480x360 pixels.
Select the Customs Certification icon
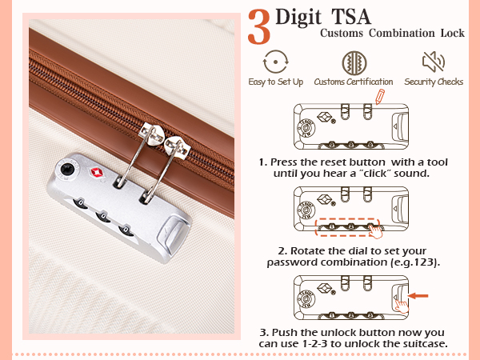[x=353, y=62]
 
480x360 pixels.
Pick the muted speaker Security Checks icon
[x=433, y=62]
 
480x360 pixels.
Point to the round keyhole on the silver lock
[x=67, y=169]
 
